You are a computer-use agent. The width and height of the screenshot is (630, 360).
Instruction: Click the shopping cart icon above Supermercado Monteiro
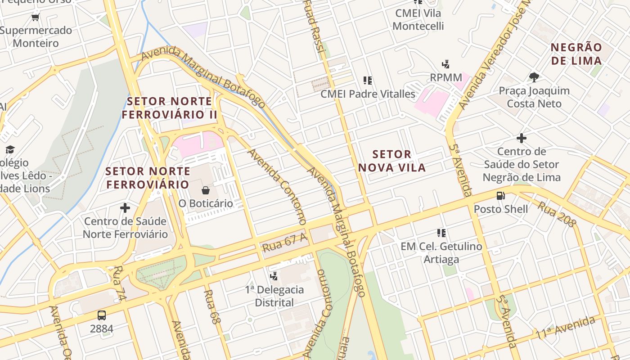(x=36, y=18)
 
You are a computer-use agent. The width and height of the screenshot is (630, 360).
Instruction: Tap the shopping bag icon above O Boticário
(x=206, y=190)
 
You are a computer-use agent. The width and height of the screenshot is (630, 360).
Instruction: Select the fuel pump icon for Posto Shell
(x=500, y=196)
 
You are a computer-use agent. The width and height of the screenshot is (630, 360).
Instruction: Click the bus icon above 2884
(x=102, y=315)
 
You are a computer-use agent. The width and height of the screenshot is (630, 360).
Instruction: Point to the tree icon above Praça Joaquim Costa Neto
(x=534, y=77)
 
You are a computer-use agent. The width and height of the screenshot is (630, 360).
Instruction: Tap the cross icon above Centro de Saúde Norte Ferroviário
(x=125, y=208)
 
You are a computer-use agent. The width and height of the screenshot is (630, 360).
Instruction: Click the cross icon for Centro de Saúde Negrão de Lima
(x=522, y=138)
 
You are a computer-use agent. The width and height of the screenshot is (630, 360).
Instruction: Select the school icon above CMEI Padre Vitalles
(x=368, y=81)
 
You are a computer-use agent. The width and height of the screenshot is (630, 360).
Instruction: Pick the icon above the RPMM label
(x=446, y=64)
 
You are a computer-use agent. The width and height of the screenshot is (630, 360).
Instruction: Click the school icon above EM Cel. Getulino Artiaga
(x=441, y=233)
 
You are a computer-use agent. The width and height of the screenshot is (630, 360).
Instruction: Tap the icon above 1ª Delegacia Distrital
(x=274, y=276)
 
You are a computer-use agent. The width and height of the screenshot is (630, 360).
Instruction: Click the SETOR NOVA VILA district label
(x=391, y=161)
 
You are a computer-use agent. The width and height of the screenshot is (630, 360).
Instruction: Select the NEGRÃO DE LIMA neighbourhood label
(x=576, y=54)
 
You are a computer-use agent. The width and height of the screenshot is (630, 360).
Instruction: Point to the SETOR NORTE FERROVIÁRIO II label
(x=169, y=108)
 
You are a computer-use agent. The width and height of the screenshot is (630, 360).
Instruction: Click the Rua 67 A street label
(x=284, y=243)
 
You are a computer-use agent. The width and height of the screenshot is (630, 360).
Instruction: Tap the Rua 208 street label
(x=557, y=214)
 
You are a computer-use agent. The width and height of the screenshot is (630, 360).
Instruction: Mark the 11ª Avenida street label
(x=565, y=328)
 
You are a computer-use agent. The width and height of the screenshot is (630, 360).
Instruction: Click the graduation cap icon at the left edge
(x=10, y=149)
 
